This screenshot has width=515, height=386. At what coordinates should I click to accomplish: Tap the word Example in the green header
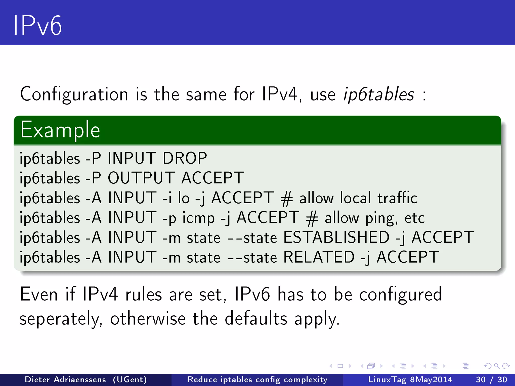pyautogui.click(x=60, y=130)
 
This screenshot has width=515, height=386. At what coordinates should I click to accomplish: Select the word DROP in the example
pyautogui.click(x=185, y=158)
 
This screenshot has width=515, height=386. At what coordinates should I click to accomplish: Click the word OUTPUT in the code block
pyautogui.click(x=141, y=178)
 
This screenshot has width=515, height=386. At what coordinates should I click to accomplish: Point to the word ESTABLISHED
pyautogui.click(x=336, y=237)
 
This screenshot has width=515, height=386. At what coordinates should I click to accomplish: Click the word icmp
pyautogui.click(x=199, y=218)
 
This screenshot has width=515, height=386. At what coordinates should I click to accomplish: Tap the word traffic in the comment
pyautogui.click(x=397, y=198)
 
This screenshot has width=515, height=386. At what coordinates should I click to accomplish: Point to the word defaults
pyautogui.click(x=256, y=319)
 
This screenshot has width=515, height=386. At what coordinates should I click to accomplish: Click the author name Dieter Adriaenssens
pyautogui.click(x=65, y=379)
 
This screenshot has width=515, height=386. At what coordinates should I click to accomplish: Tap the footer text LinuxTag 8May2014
pyautogui.click(x=410, y=379)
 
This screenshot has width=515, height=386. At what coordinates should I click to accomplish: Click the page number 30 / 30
pyautogui.click(x=491, y=379)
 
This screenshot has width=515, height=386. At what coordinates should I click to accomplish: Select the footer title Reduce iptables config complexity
pyautogui.click(x=257, y=379)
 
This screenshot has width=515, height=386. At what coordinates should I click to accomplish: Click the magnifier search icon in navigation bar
pyautogui.click(x=497, y=366)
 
